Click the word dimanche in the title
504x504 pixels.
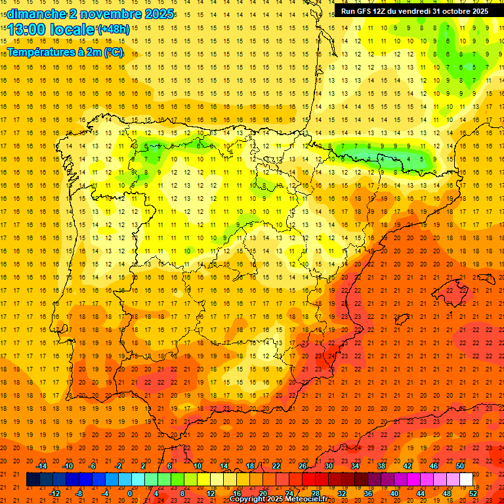(35, 14)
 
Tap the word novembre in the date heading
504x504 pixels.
(108, 14)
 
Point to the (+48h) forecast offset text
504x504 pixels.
(114, 29)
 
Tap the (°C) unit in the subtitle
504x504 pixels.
(114, 52)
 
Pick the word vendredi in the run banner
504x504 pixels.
(416, 11)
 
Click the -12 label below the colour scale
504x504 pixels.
(54, 493)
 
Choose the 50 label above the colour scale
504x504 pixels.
(460, 465)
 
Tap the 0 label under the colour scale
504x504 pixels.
(129, 493)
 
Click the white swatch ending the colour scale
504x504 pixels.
(466, 480)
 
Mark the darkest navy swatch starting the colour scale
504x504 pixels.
(33, 480)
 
